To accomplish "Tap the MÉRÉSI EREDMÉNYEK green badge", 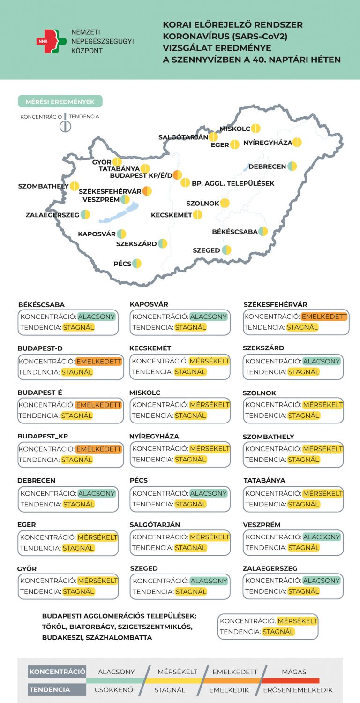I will click(x=60, y=101).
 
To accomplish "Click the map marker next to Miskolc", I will click(x=255, y=129).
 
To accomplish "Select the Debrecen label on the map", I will click(x=267, y=166).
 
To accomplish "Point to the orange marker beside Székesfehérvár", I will click(x=147, y=191).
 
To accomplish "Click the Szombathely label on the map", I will click(x=43, y=186).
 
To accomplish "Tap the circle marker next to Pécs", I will click(x=136, y=264).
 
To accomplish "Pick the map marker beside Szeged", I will click(x=226, y=250).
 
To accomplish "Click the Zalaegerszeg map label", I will click(x=52, y=215).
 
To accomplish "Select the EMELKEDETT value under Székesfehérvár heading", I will click(x=324, y=317).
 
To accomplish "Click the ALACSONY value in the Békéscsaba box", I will click(x=97, y=317).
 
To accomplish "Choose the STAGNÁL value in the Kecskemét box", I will click(x=190, y=372).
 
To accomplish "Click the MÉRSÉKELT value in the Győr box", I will click(x=97, y=581).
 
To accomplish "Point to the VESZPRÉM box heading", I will click(x=262, y=525).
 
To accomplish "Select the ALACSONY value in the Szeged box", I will click(x=209, y=581).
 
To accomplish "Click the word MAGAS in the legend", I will click(x=294, y=672).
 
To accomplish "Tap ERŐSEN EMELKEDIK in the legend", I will click(x=298, y=690).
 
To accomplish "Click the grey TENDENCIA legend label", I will click(x=50, y=690).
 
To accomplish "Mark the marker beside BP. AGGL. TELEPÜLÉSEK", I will click(x=185, y=183).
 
